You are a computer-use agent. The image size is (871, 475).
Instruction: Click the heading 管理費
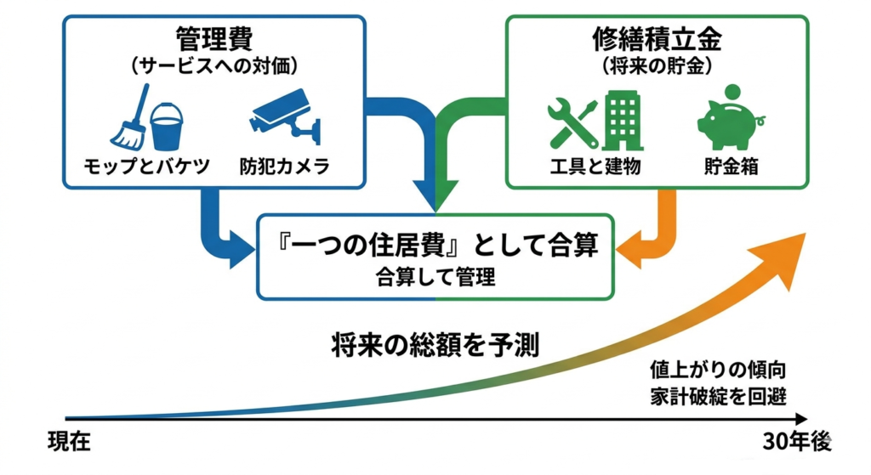coord(213,39)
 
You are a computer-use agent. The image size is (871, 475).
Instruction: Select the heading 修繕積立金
coord(657,39)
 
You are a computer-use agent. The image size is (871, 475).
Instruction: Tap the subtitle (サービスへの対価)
coord(213,65)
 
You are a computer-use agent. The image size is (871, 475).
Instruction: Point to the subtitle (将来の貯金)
coord(657,65)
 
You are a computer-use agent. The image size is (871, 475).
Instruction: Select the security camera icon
coord(284,119)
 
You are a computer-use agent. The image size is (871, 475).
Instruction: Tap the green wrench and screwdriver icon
coord(571,121)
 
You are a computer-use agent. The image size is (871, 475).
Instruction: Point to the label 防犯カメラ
coord(284,167)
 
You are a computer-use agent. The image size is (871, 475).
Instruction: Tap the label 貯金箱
coord(731,167)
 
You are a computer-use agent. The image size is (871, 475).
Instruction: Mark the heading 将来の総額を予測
coord(435,345)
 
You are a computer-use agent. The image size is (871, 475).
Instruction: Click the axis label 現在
coord(69,443)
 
